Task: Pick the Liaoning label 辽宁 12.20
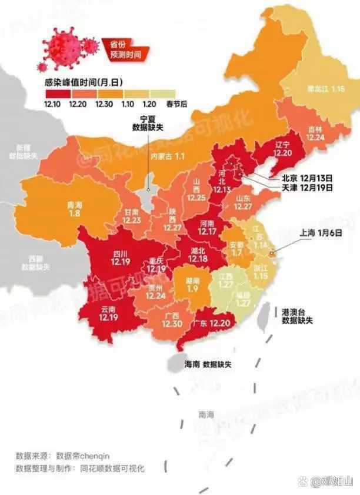pyautogui.click(x=282, y=148)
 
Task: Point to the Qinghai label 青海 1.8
pyautogui.click(x=75, y=209)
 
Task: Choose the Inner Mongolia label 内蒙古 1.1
pyautogui.click(x=168, y=156)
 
